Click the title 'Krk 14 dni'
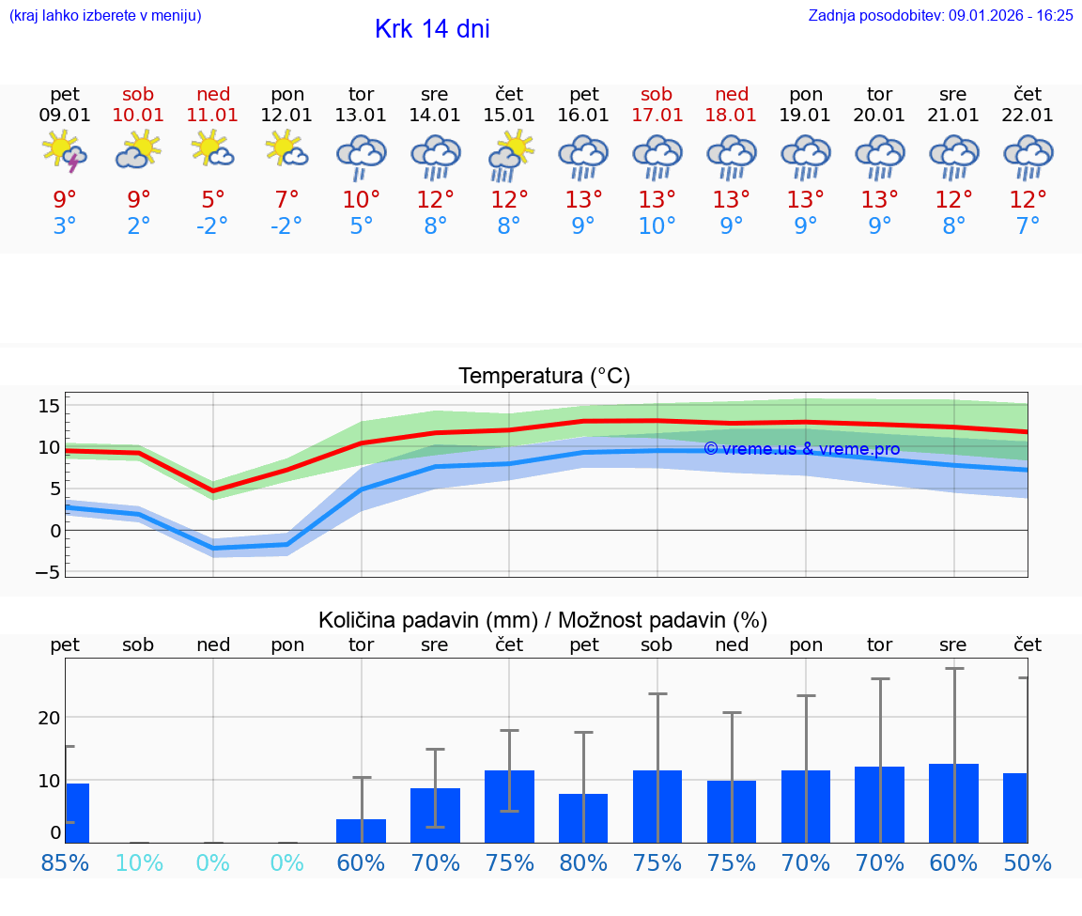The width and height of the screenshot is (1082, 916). [432, 29]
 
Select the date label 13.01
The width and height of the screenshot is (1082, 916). [361, 115]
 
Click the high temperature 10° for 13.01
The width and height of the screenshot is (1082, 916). [361, 199]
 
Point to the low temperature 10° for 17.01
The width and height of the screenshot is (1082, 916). [657, 225]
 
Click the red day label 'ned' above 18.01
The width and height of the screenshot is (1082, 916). [732, 94]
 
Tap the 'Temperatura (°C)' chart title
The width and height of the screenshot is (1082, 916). [544, 376]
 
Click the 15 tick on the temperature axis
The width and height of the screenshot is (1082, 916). [49, 406]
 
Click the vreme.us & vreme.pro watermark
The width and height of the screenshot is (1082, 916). [801, 449]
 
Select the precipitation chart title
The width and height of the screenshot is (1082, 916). [543, 620]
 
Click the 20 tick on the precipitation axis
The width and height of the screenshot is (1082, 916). [49, 718]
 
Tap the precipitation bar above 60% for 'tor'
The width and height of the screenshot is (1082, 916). [361, 831]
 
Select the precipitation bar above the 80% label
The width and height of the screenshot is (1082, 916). [583, 818]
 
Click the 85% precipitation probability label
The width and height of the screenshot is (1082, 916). [65, 862]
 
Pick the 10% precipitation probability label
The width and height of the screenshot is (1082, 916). [139, 862]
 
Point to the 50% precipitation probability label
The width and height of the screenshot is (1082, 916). [1028, 862]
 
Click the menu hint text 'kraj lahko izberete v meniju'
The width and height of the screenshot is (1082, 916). [104, 15]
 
